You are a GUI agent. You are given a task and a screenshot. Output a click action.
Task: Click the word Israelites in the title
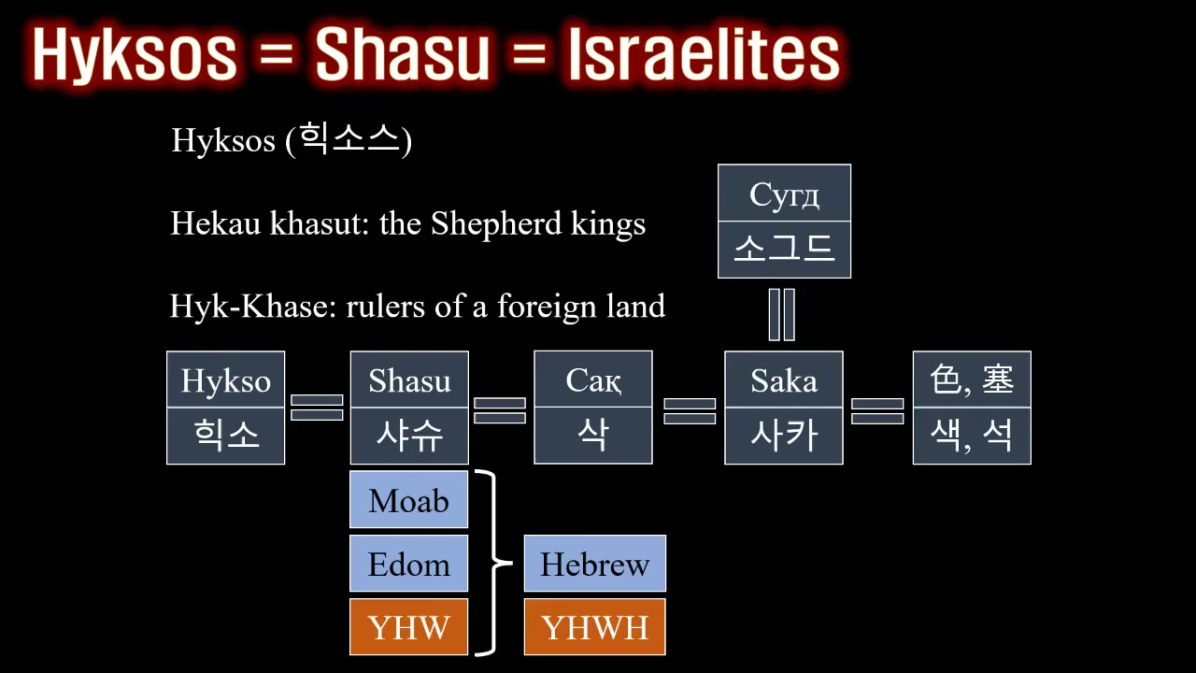[x=705, y=53]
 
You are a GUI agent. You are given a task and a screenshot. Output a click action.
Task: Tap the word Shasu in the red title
[x=402, y=53]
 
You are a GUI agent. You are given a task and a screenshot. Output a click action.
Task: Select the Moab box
[x=409, y=499]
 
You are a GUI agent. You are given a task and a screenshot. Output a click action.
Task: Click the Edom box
[x=409, y=564]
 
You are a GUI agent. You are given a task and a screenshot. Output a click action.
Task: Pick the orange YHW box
[x=409, y=626]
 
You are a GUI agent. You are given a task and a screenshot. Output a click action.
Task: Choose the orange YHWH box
[x=595, y=626]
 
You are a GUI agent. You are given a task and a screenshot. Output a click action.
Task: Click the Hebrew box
[x=595, y=564]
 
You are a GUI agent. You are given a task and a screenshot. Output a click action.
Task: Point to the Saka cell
[x=784, y=379]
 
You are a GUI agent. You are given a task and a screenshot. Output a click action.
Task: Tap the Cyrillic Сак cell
[x=593, y=379]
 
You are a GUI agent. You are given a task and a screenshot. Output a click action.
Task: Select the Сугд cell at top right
[x=784, y=193]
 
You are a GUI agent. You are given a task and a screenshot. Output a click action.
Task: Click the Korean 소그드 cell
[x=784, y=250]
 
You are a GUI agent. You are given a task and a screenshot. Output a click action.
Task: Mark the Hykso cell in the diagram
[x=226, y=379]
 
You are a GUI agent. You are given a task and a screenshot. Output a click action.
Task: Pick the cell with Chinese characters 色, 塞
[x=972, y=379]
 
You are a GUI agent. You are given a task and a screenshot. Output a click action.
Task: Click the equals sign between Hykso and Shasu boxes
[x=317, y=408]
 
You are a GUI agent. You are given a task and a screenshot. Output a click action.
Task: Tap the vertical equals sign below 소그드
[x=782, y=315]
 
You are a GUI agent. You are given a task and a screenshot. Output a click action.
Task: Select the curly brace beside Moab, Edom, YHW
[x=493, y=563]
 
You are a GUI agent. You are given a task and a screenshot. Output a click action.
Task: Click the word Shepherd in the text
[x=496, y=223]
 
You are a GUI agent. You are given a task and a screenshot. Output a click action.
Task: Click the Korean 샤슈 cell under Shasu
[x=409, y=436]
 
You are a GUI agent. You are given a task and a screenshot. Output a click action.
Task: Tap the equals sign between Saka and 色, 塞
[x=877, y=411]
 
